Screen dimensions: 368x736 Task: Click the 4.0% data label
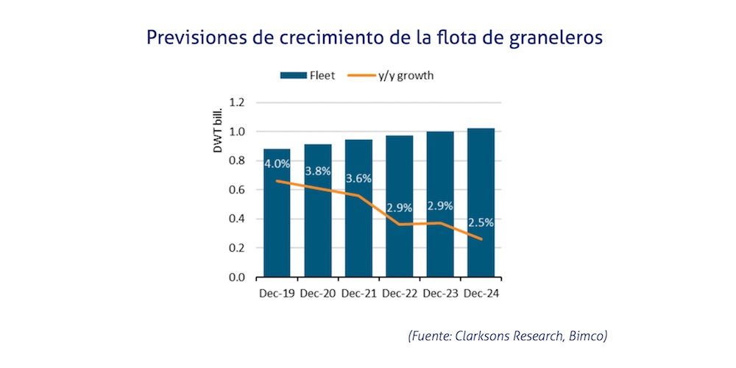tap(277, 163)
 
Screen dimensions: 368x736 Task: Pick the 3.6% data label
tap(358, 178)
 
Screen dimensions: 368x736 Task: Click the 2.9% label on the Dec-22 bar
tap(399, 208)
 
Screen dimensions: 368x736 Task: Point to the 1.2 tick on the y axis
tap(236, 102)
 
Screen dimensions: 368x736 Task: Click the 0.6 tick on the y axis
tap(236, 190)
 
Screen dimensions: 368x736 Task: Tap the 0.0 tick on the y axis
tap(236, 277)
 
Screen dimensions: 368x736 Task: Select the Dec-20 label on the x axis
tap(318, 292)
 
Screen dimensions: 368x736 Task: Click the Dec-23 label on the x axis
tap(440, 292)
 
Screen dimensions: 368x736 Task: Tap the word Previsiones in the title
tap(194, 38)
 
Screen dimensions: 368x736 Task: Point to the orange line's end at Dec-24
tap(481, 239)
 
